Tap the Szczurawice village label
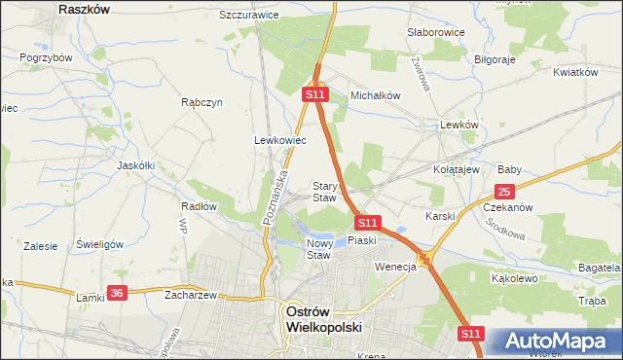pyautogui.click(x=249, y=16)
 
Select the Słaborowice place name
pyautogui.click(x=436, y=32)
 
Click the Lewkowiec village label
pyautogui.click(x=280, y=140)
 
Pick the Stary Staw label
pyautogui.click(x=324, y=192)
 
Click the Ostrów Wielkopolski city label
pyautogui.click(x=322, y=320)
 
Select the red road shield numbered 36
pyautogui.click(x=118, y=293)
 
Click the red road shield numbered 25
pyautogui.click(x=504, y=193)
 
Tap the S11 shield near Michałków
pyautogui.click(x=313, y=94)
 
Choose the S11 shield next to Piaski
pyautogui.click(x=367, y=223)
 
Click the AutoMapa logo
pyautogui.click(x=556, y=342)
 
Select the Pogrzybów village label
pyautogui.click(x=47, y=57)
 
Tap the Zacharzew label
pyautogui.click(x=190, y=294)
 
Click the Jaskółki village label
pyautogui.click(x=136, y=165)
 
